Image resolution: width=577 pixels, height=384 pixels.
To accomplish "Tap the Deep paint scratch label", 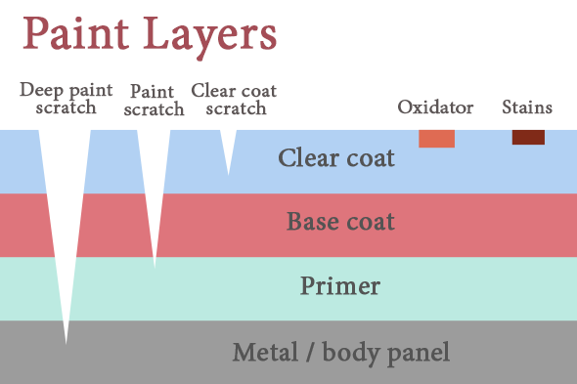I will coord(66,99).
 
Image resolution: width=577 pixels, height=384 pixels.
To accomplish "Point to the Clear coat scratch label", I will coord(234,99).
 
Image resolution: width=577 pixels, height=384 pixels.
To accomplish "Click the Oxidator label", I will coord(435,107).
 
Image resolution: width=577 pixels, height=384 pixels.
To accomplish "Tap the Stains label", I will coord(527,107).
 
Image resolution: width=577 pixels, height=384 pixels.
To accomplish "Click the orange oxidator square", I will coord(436,138).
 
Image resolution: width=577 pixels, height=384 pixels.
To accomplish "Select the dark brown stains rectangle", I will coord(528,137).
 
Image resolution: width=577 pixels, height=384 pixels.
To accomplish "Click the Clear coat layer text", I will coord(336,158).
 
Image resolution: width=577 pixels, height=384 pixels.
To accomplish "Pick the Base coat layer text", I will coord(340,222).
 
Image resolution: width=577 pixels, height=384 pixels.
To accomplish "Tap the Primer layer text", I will coord(339,286).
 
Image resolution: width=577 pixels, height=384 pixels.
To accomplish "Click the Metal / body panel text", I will coord(340,352).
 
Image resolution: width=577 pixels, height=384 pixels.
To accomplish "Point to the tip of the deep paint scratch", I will coord(66,342).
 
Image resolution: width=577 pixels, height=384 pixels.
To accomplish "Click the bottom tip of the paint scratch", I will coord(155,266).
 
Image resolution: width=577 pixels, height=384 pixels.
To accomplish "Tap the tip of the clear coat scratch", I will coord(229,174).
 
